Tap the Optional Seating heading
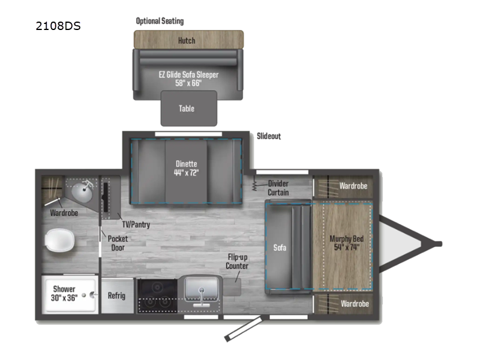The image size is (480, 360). click(160, 21)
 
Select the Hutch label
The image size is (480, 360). click(187, 40)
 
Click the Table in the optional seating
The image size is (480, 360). click(187, 109)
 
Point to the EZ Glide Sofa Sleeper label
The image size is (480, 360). click(188, 79)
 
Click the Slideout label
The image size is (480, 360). click(268, 136)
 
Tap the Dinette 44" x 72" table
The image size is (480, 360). click(186, 167)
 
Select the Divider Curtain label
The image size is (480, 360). click(278, 188)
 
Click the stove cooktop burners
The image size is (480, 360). click(156, 295)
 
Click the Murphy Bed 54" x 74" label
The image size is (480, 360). click(346, 242)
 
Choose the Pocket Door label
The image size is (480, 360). click(118, 242)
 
